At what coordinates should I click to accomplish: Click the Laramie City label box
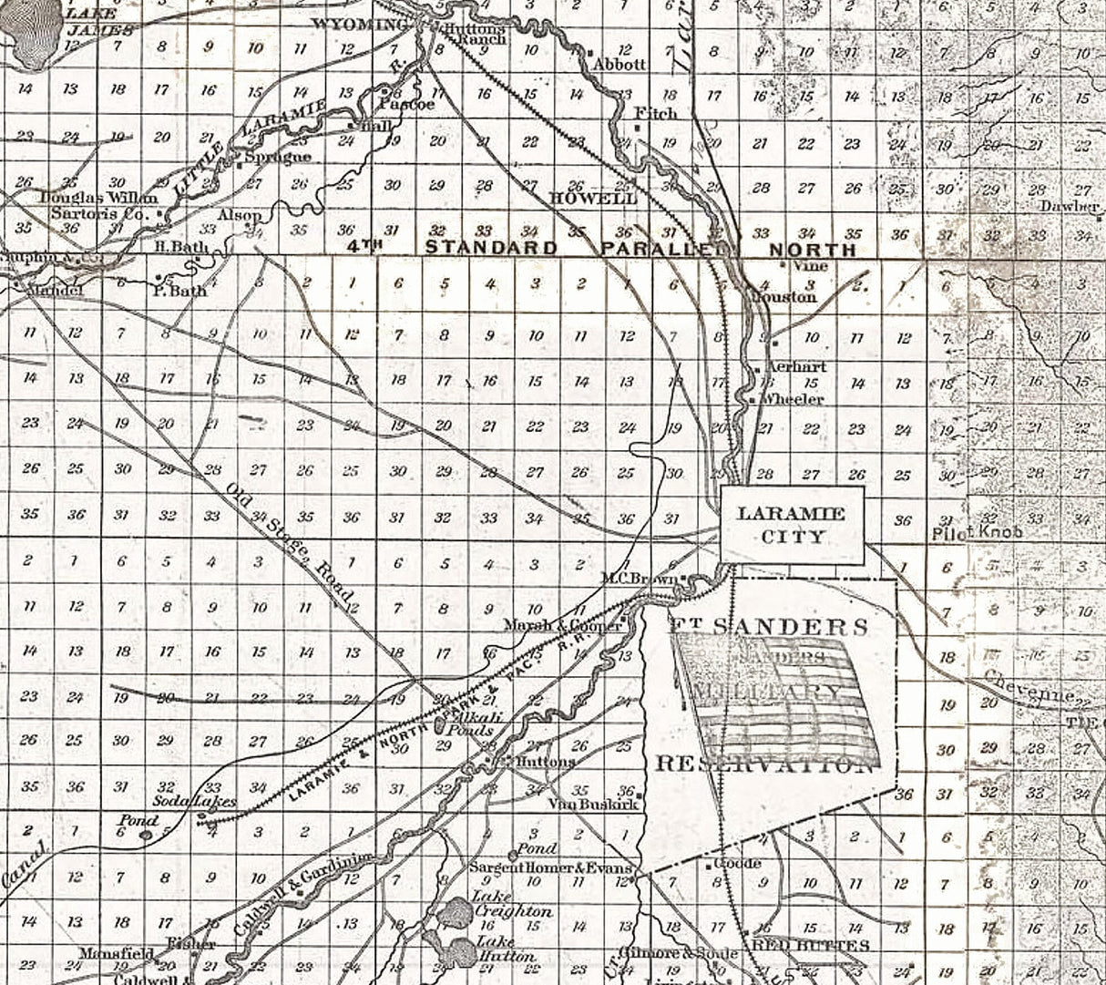point(792,524)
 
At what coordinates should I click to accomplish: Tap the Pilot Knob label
point(978,532)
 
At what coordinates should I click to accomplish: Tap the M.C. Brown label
point(639,578)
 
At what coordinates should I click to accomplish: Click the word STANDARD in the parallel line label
point(492,247)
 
